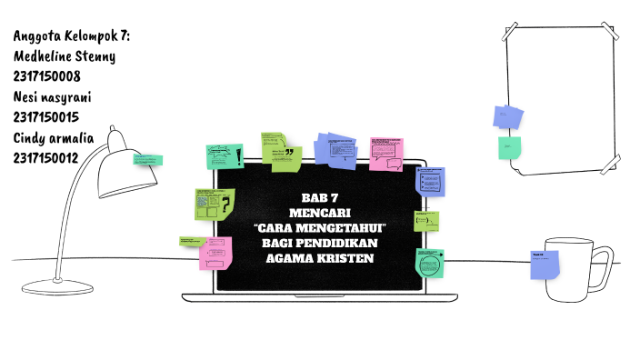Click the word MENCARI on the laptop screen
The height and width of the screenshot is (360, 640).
tap(319, 213)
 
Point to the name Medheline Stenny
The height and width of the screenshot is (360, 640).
tap(65, 56)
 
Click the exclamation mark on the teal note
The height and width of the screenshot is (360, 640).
tap(238, 155)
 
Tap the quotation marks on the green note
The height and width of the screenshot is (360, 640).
tap(289, 153)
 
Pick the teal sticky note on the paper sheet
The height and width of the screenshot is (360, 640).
tap(510, 147)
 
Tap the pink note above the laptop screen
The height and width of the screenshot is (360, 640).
tap(386, 153)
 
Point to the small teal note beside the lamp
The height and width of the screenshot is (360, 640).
tap(148, 160)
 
